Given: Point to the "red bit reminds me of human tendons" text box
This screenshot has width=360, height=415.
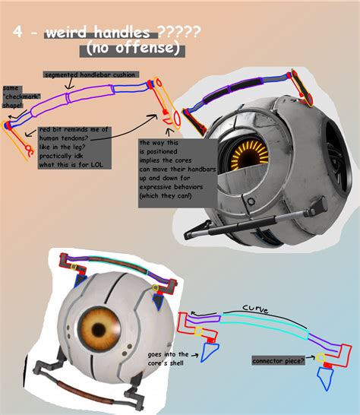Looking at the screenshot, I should pyautogui.click(x=68, y=144).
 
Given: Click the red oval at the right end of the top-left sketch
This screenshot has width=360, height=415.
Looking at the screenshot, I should pyautogui.click(x=177, y=117).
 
